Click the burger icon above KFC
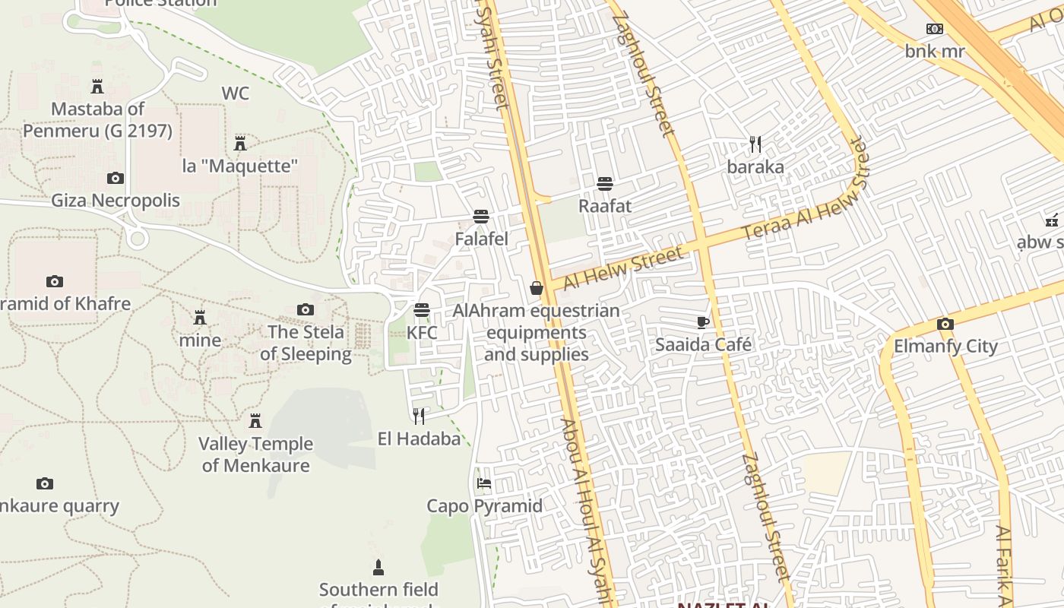point(422,310)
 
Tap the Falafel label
point(481,239)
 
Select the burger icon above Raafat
point(605,184)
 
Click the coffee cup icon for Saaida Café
point(703,323)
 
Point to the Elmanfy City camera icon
point(945,325)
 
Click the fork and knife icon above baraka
point(755,144)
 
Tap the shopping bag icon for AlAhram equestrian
point(537,288)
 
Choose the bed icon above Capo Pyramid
point(484,483)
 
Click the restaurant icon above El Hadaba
point(419,416)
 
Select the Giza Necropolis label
point(116,201)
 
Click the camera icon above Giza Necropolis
point(116,179)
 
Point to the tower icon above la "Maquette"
point(240,143)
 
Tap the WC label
point(236,93)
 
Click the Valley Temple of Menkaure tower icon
point(255,421)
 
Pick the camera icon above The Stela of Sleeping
point(306,310)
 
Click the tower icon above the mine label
point(200,317)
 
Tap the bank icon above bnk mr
point(934,29)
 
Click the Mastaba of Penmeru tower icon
point(97,86)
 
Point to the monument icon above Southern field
point(378,567)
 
